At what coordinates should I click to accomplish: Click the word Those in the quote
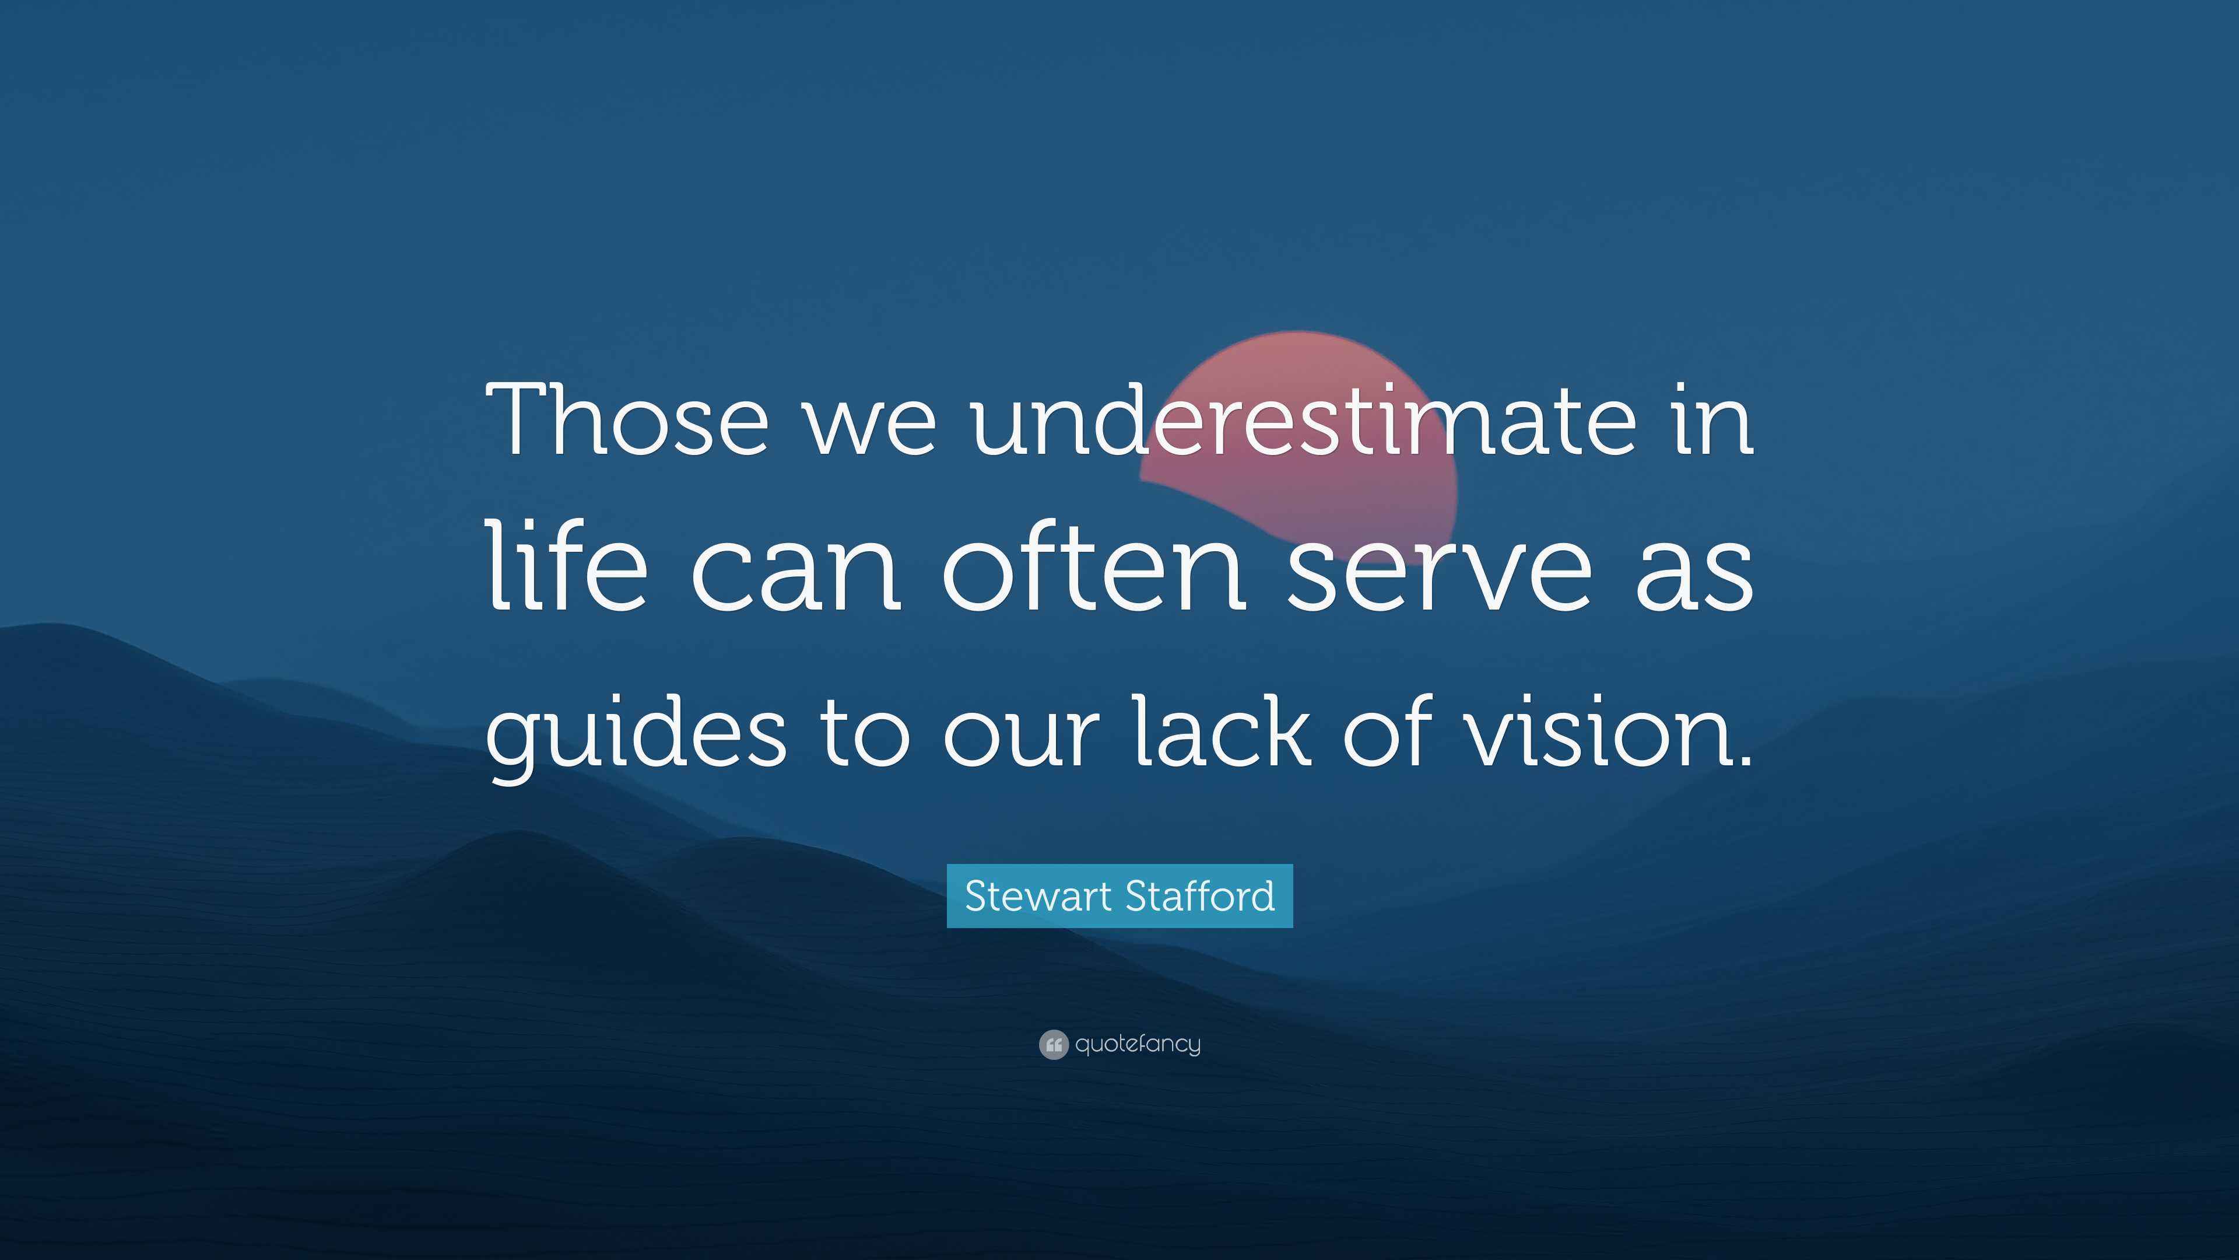click(629, 420)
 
